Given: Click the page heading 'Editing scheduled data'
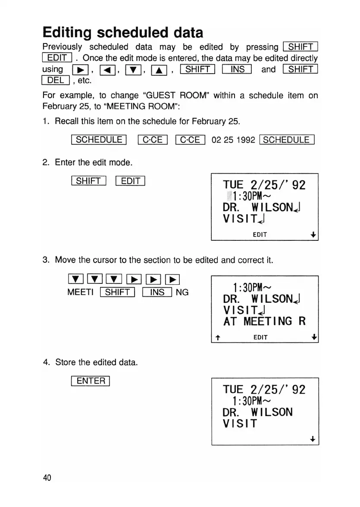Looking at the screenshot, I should coord(122,33).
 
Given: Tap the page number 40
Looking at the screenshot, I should coord(47,477).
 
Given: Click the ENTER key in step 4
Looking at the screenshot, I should coord(91,381).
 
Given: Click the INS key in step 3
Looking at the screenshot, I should coord(158,292).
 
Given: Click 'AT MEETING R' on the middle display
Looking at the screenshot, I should coord(264,321).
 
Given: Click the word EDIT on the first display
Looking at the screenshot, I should coord(260,235).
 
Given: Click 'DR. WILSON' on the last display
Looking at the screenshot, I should coord(258,412).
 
